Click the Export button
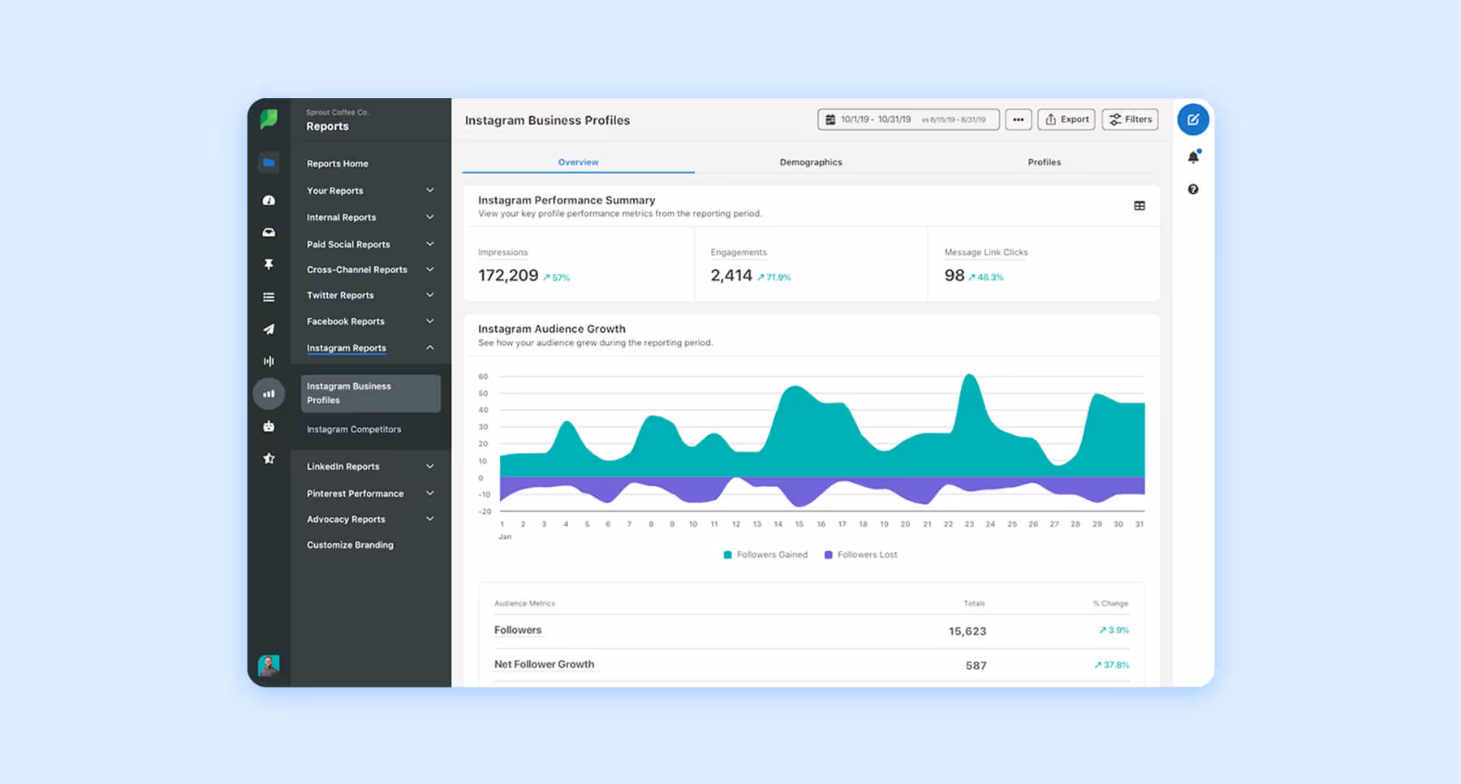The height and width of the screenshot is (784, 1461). coord(1066,119)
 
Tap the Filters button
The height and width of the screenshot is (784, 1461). coord(1130,119)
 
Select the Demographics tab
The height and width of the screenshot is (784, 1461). coord(810,162)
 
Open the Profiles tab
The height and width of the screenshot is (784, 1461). coord(1044,162)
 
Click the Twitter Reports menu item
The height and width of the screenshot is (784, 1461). coord(340,295)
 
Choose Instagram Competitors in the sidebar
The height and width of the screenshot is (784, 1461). coord(354,429)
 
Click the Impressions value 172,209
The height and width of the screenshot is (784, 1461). coord(508,276)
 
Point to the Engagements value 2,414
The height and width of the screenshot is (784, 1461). coord(731,276)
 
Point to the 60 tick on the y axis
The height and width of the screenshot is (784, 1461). coord(483,377)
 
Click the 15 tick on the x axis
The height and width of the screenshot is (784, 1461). coord(799,524)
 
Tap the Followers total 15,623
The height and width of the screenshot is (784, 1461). coord(967,631)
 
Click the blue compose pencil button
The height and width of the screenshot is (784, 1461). coord(1192,119)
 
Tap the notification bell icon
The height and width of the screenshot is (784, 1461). coord(1192,157)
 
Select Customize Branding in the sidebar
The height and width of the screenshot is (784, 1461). coord(350,545)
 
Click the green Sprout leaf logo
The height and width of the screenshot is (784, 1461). coord(269,119)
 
